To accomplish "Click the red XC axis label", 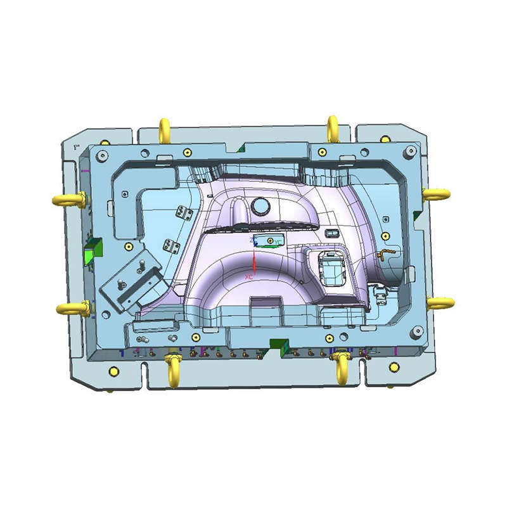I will click(x=249, y=278).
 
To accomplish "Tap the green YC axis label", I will click(x=277, y=241).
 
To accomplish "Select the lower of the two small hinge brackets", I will click(x=169, y=244).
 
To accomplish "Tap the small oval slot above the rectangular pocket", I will click(x=331, y=233).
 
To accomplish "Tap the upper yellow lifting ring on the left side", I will click(x=68, y=199).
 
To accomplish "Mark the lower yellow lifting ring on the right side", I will click(x=439, y=302).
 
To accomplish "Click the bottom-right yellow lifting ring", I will click(x=342, y=366).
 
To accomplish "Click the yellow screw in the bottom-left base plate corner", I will click(x=114, y=371).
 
